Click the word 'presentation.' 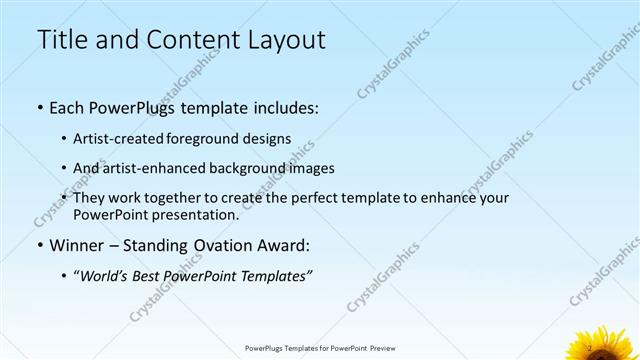196,215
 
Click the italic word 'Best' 151,276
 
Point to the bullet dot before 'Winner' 39,246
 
